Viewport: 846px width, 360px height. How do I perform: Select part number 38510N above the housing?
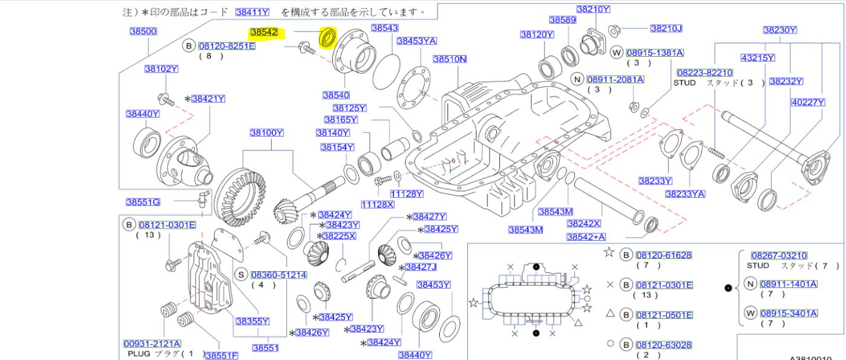tap(450, 59)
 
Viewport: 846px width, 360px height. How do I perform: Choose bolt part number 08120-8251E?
tap(227, 46)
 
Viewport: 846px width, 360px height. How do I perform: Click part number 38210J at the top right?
tap(666, 28)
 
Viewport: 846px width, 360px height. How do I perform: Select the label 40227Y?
tap(808, 103)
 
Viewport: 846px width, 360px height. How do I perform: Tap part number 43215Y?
tap(758, 58)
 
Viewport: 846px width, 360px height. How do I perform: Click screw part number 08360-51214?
tap(278, 275)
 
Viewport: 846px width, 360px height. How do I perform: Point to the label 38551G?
tap(143, 202)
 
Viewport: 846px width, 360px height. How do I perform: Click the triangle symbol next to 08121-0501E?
tap(610, 315)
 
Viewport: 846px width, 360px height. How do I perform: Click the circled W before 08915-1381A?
tap(617, 53)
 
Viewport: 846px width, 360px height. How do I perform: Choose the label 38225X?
tap(339, 235)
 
